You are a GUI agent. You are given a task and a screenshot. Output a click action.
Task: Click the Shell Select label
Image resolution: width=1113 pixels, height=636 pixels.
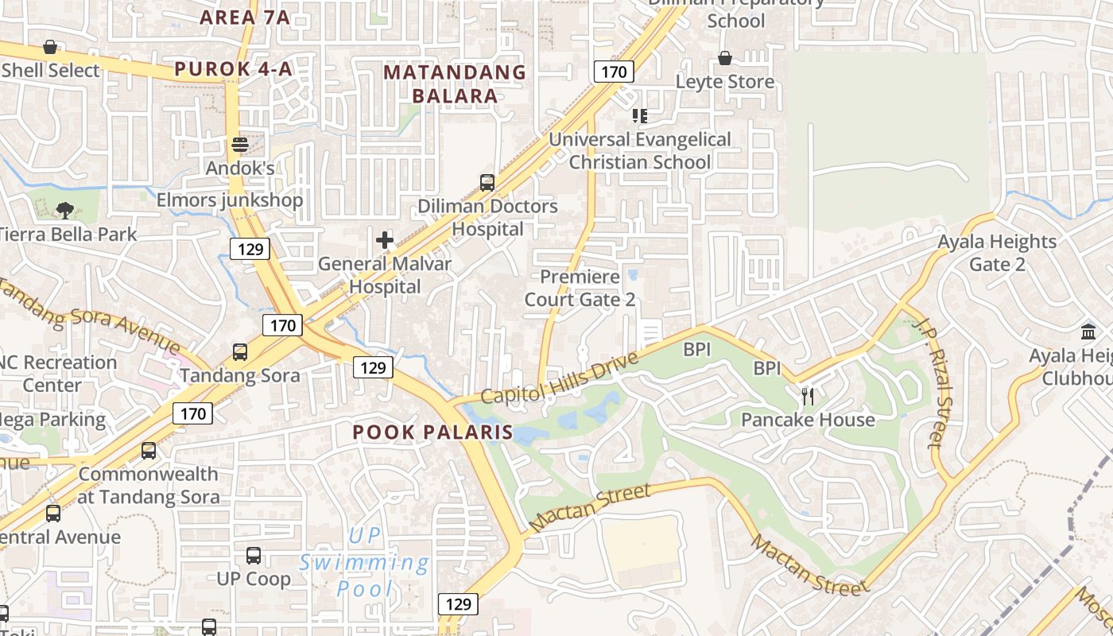click(51, 71)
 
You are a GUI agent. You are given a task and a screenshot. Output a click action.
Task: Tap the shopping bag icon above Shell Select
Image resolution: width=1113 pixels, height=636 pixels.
click(50, 47)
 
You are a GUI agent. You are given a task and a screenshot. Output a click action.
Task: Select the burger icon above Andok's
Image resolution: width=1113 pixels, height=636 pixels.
click(240, 145)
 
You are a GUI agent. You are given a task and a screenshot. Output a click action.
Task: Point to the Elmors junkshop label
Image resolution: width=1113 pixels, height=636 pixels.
click(230, 200)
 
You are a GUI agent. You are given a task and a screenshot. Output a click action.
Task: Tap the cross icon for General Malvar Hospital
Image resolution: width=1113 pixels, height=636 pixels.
click(385, 239)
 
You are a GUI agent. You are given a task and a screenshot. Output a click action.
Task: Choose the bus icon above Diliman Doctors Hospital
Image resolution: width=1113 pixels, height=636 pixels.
click(487, 183)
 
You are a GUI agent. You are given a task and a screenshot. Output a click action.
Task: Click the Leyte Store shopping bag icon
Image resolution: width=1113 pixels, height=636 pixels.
click(725, 58)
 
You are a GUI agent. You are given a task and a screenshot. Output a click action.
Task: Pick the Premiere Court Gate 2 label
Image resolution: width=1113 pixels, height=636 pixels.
click(580, 288)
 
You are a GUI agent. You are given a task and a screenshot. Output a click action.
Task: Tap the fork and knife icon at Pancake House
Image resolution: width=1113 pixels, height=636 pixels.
click(808, 395)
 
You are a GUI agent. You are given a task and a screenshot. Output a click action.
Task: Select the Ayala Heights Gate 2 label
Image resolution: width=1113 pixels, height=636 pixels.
click(997, 253)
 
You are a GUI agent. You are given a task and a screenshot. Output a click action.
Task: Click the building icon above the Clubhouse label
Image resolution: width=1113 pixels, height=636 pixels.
click(1088, 331)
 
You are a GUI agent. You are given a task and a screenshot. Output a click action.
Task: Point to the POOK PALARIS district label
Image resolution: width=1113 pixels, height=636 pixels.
click(433, 432)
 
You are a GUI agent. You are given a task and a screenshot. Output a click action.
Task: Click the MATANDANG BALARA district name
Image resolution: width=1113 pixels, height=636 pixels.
click(455, 84)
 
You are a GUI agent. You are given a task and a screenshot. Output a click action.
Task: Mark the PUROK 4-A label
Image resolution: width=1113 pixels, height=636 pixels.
click(233, 69)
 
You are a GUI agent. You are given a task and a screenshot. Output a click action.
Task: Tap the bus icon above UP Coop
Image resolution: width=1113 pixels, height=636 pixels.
click(254, 555)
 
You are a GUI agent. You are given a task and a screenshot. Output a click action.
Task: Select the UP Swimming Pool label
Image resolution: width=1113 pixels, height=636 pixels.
click(365, 562)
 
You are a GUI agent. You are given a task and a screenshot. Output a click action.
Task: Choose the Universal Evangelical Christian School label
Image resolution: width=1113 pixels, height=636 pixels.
click(640, 150)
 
